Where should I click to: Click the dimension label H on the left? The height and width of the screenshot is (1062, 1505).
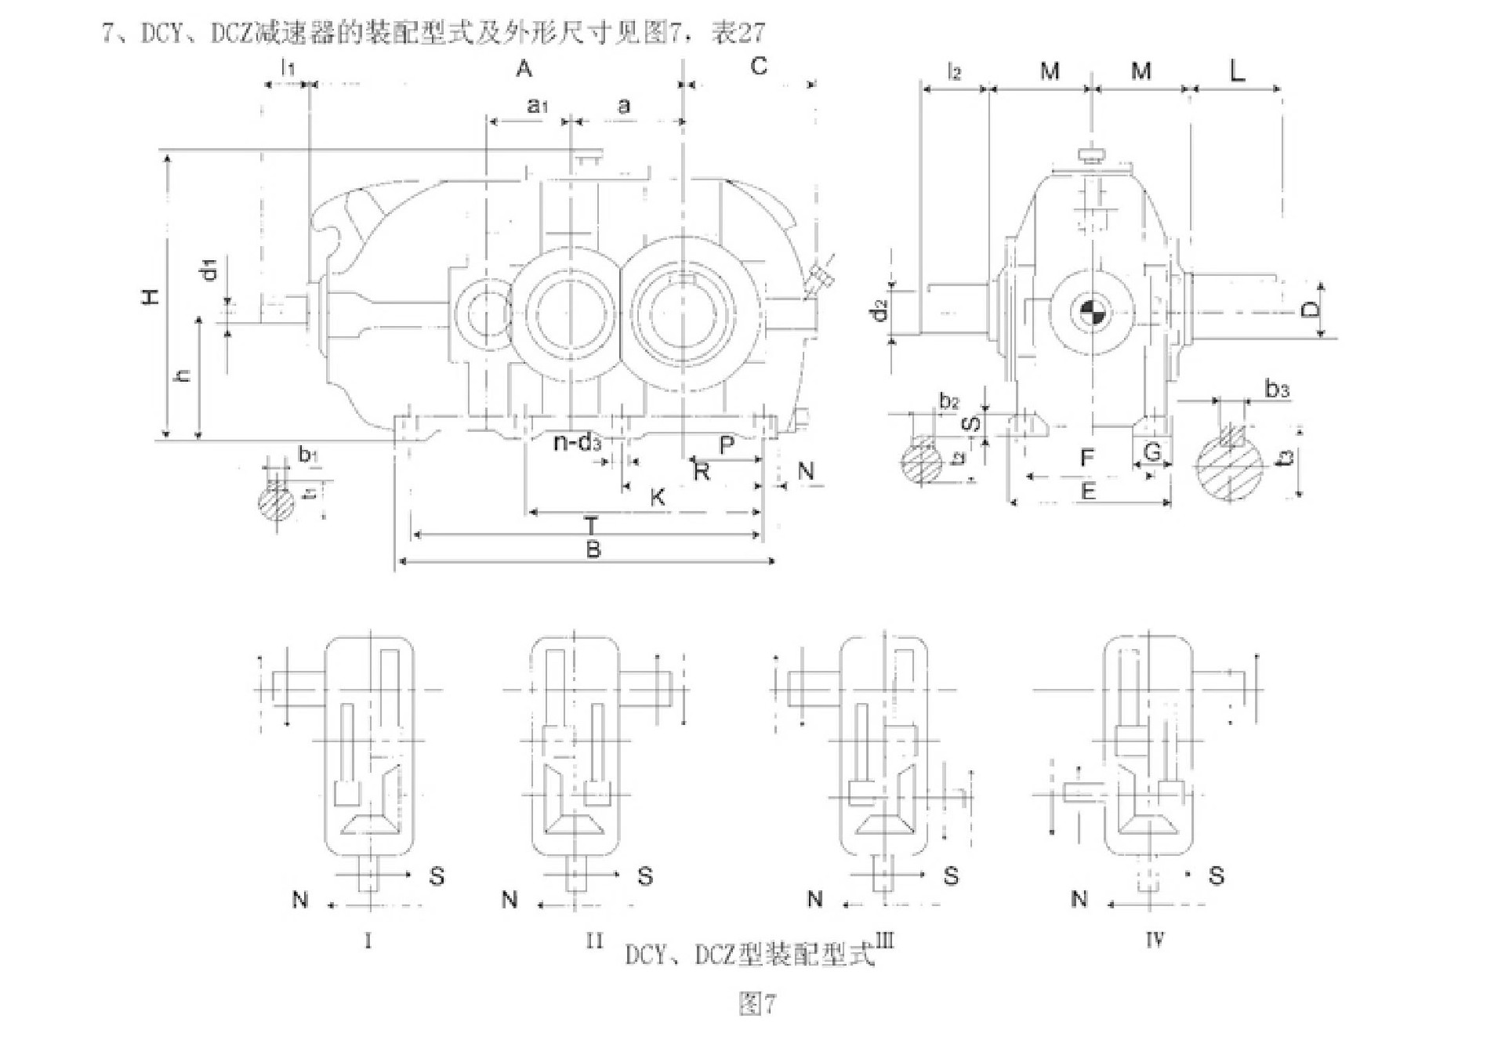[x=150, y=295]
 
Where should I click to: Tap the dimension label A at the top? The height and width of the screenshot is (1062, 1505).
[x=524, y=69]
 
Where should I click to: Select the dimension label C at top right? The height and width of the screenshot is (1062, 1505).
[x=758, y=67]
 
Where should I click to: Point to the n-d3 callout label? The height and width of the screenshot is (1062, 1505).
[x=577, y=443]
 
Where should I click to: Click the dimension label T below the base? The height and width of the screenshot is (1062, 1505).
[x=591, y=525]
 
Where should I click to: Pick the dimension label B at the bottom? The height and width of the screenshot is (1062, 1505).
[x=593, y=549]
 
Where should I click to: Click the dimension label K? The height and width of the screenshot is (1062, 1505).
[x=658, y=496]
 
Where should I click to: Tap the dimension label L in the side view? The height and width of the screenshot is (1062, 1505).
[x=1236, y=72]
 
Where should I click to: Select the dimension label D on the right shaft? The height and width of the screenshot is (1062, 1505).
[x=1310, y=310]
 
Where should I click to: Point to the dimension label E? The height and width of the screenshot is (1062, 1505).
[x=1088, y=491]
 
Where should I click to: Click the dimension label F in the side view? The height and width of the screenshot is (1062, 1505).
[x=1086, y=457]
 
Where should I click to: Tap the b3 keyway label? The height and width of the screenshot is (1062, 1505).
[x=1277, y=389]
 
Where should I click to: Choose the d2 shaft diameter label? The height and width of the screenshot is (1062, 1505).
[x=880, y=310]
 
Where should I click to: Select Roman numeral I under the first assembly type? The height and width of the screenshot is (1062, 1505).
[x=368, y=940]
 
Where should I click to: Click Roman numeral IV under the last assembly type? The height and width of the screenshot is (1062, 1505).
[x=1154, y=940]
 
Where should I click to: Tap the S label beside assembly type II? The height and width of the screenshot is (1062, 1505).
[x=645, y=875]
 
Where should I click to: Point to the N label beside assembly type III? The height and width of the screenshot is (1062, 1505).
[x=815, y=899]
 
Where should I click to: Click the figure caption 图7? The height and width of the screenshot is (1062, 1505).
[x=757, y=1004]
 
